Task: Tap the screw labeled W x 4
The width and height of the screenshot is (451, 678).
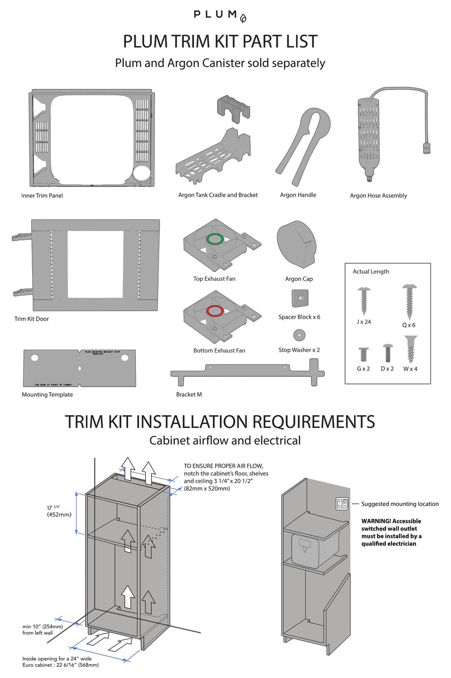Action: click(x=410, y=349)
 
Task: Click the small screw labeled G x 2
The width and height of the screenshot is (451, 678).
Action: click(x=363, y=354)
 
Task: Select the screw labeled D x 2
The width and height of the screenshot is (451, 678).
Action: click(x=387, y=353)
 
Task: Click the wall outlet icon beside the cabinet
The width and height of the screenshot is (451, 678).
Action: click(x=342, y=503)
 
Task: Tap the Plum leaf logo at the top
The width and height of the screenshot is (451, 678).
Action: click(x=243, y=19)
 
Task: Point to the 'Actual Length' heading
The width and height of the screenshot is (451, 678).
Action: click(x=371, y=271)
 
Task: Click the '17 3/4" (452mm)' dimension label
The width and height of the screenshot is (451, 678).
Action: click(x=59, y=511)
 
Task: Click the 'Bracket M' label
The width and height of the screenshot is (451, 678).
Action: click(x=189, y=394)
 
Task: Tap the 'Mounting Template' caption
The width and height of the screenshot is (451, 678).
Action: click(x=47, y=394)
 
